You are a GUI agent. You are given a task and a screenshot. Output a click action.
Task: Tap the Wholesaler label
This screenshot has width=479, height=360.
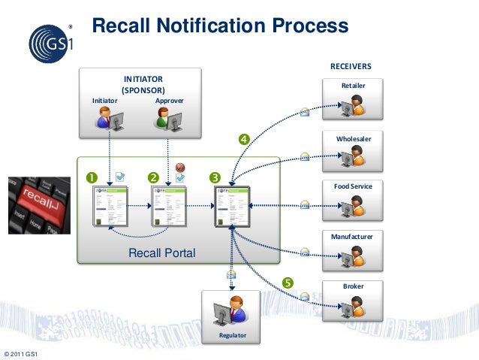(x=354, y=139)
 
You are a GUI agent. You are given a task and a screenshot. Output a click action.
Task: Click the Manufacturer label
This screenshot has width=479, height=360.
(x=353, y=237)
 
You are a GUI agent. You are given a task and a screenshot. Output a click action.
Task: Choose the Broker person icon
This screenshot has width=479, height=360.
(x=352, y=305)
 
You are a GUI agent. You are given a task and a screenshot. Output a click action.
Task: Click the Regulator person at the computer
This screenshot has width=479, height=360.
(x=230, y=310)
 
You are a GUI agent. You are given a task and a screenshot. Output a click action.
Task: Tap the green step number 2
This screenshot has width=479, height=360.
(x=153, y=177)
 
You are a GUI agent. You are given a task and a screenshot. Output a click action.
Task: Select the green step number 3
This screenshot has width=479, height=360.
(x=215, y=177)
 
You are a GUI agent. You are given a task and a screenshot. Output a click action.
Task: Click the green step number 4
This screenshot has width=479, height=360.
(x=243, y=138)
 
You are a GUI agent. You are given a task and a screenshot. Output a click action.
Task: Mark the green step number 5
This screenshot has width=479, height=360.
(x=287, y=283)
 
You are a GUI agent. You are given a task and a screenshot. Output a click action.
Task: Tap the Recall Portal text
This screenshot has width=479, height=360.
(x=161, y=253)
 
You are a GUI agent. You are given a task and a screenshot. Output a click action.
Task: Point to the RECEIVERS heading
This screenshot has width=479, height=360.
(x=351, y=67)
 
